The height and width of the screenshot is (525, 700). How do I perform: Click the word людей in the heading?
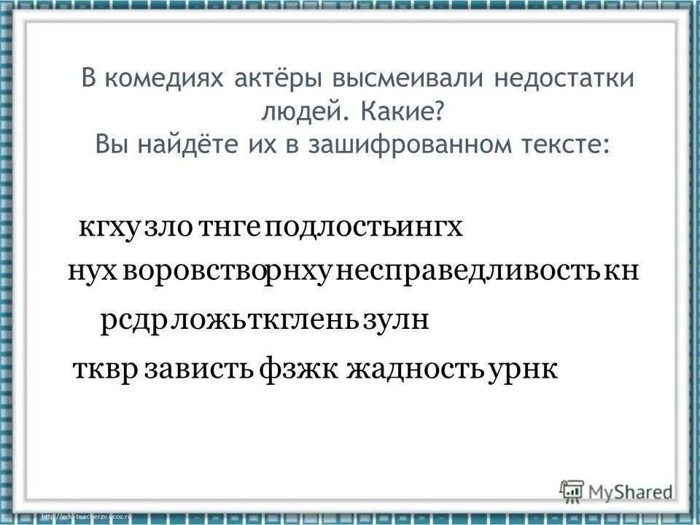(x=298, y=112)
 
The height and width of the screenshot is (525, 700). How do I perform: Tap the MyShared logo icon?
(x=573, y=490)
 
